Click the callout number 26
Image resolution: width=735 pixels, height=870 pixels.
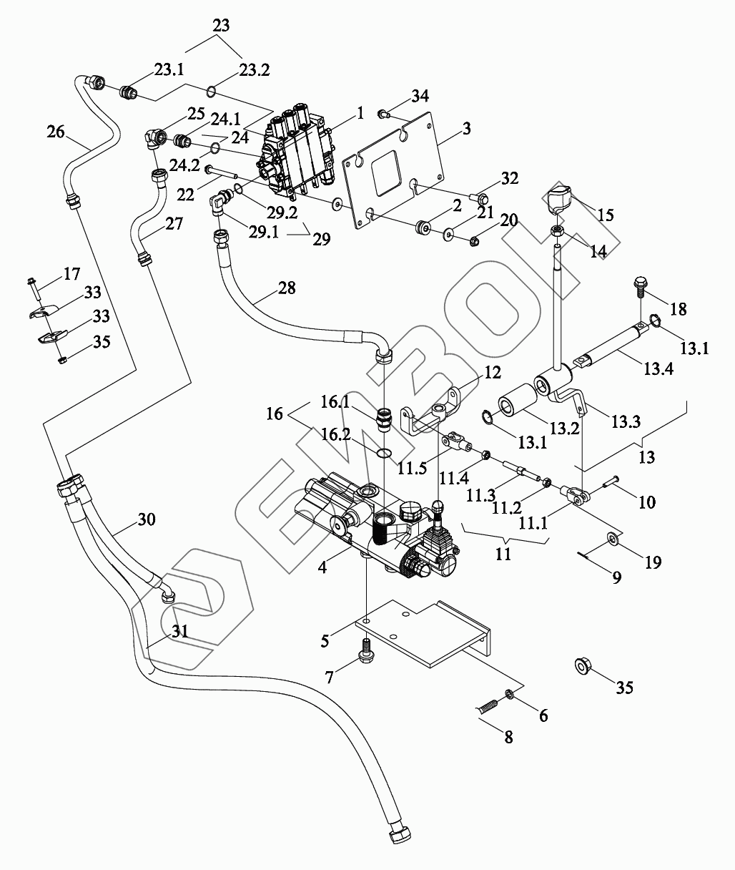tap(56, 132)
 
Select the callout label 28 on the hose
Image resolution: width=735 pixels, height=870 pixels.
tap(286, 288)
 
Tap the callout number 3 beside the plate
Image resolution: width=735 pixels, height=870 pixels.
tap(466, 129)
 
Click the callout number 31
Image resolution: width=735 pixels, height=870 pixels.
tap(182, 632)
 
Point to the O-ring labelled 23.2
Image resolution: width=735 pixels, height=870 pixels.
tap(212, 91)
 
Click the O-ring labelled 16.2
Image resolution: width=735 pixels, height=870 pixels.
tap(385, 452)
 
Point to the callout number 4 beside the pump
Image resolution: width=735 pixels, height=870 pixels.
tap(323, 567)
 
